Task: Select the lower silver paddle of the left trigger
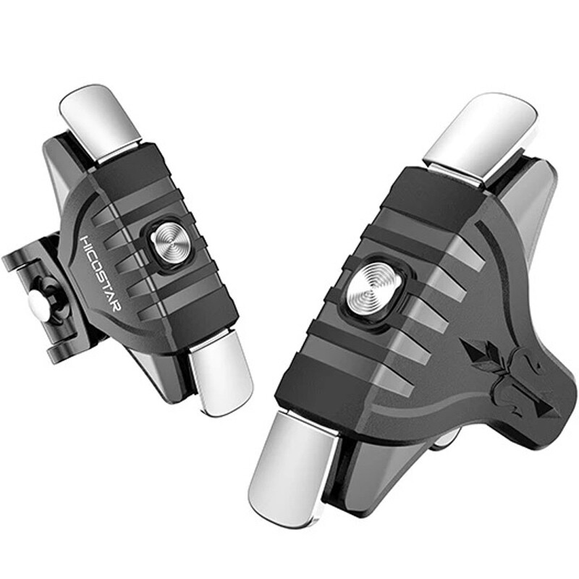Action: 221,372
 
